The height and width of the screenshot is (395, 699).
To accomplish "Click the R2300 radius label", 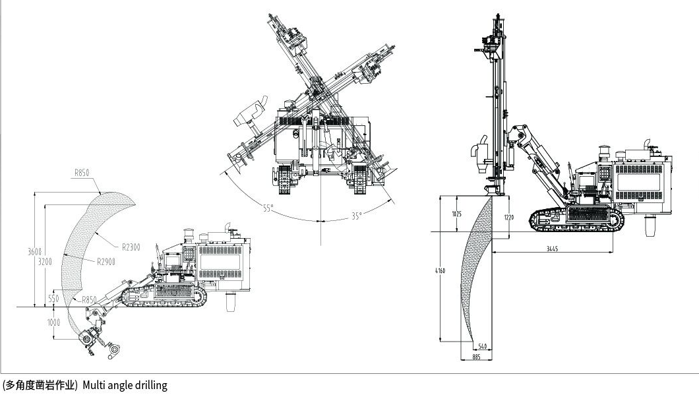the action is [x=131, y=247].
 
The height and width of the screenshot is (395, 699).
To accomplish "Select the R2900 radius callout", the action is [x=106, y=261].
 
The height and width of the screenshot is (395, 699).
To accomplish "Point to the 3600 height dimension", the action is [x=35, y=251].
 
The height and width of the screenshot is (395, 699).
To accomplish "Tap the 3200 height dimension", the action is [x=45, y=261].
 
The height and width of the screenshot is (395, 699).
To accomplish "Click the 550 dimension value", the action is [x=53, y=299].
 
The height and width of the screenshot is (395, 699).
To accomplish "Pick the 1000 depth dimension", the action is [x=53, y=322].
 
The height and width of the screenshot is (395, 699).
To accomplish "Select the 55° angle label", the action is [x=268, y=208].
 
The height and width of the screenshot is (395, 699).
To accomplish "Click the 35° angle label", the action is [x=357, y=216].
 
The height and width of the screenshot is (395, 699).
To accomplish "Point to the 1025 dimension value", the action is [x=456, y=214].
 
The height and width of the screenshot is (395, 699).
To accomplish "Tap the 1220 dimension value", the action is [x=508, y=218].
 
